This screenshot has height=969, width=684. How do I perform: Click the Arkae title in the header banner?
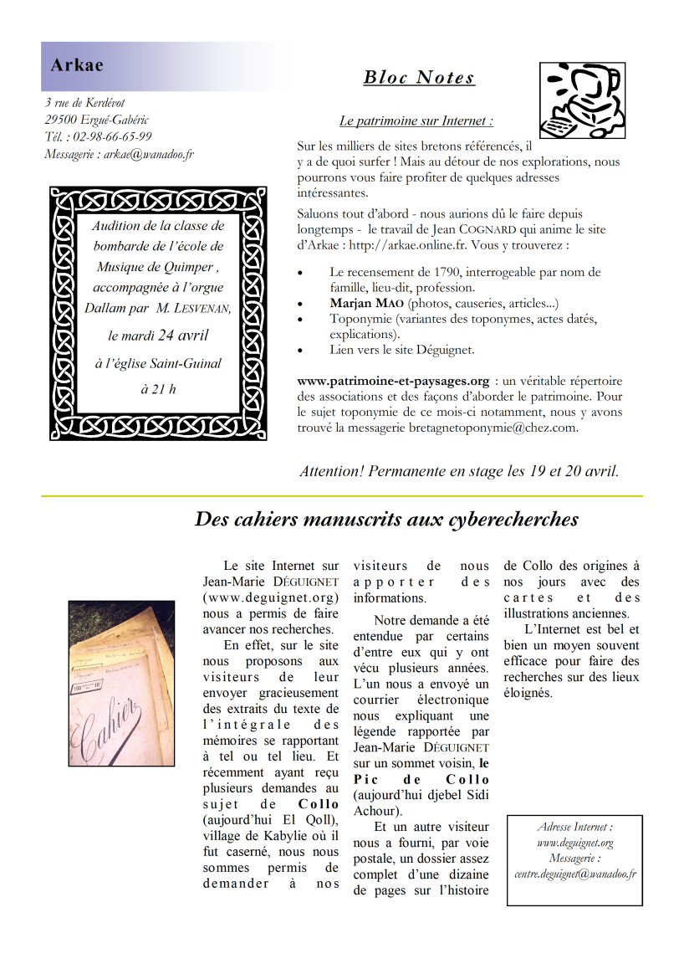coord(76,65)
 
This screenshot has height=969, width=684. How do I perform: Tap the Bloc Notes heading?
coord(419,78)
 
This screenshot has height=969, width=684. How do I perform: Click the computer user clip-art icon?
coord(581,100)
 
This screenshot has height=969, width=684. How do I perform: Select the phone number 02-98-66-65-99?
coord(113,136)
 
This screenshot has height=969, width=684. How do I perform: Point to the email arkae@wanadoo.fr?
coord(149,154)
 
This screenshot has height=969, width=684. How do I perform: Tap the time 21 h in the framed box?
coord(158,388)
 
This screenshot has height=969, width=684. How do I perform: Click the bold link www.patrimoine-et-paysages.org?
coord(393,381)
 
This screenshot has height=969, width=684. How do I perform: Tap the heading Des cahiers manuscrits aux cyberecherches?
coord(386,520)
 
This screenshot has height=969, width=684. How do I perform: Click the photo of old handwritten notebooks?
coord(121,683)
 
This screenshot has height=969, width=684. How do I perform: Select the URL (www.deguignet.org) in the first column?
coord(271,597)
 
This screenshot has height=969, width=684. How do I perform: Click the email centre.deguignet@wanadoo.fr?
coord(575,874)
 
